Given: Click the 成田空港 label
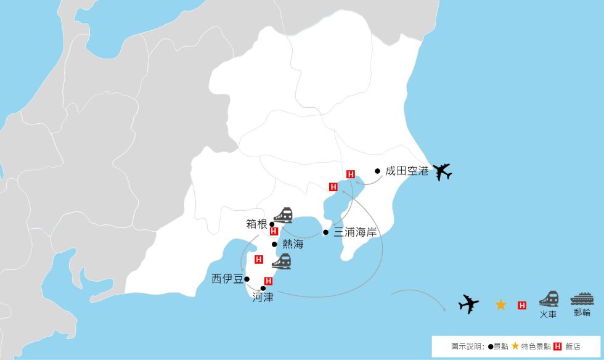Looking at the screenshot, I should click(406, 171).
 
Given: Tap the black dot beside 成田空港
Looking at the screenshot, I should click(378, 171).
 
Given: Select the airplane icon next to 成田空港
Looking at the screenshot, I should click(442, 172).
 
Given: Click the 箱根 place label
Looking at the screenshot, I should click(256, 224).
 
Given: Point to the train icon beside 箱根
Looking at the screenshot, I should click(283, 215).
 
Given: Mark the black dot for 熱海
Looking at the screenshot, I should click(275, 244).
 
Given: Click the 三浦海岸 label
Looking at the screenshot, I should click(354, 232).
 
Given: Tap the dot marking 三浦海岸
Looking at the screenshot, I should click(325, 232).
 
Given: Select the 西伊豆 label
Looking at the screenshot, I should click(226, 279).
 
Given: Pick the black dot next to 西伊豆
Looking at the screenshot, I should click(247, 279).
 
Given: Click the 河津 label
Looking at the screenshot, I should click(263, 297).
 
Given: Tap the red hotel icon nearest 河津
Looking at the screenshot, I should click(268, 281).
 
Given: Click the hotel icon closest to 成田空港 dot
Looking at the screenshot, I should click(351, 174).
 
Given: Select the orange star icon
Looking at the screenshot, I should click(500, 305).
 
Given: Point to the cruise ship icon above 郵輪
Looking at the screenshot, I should click(582, 298).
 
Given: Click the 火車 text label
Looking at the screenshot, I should click(549, 314).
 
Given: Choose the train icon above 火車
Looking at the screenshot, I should click(549, 298).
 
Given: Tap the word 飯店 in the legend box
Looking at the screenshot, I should click(573, 346).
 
